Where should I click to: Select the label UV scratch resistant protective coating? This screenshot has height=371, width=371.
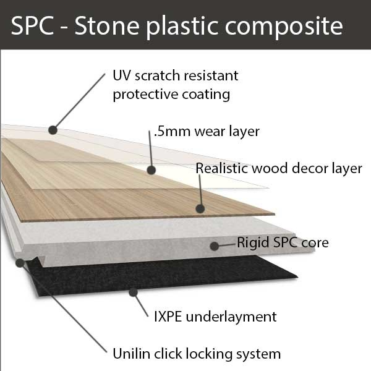(x=175, y=85)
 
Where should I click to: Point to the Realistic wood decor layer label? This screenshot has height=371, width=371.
(x=278, y=168)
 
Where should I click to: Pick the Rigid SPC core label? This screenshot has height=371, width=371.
(x=283, y=242)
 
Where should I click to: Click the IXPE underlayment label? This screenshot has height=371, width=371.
(x=215, y=317)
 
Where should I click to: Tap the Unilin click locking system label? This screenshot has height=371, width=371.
(x=197, y=354)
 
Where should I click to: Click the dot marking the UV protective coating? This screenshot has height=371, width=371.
(x=53, y=130)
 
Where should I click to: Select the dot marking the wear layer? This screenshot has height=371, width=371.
(x=150, y=168)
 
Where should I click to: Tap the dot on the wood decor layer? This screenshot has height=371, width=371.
(x=200, y=208)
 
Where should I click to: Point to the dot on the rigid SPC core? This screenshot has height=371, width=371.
(x=214, y=245)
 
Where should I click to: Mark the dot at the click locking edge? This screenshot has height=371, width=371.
(x=20, y=262)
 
